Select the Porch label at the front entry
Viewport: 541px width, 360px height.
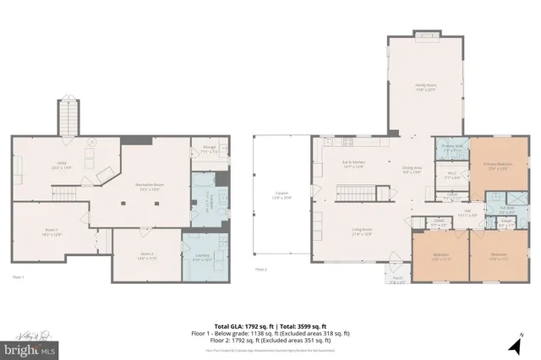click(396, 281)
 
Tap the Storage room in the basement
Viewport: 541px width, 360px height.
click(210, 152)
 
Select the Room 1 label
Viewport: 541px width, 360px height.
click(51, 232)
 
